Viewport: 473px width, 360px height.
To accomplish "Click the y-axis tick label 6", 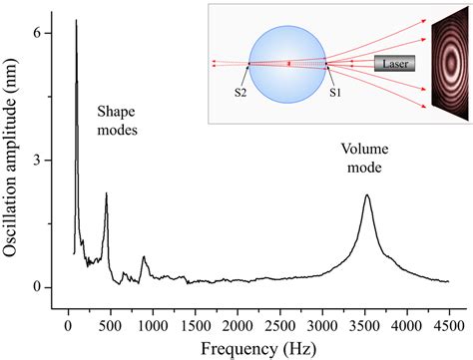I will [x=37, y=33].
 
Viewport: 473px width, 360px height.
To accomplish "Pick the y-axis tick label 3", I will [x=37, y=161].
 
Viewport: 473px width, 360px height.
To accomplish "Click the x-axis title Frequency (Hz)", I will [x=257, y=348].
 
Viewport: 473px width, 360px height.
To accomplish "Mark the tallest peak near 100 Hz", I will [x=76, y=21].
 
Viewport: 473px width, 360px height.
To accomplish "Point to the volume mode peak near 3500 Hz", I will [x=366, y=195].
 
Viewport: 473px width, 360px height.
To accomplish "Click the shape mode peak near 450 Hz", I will [x=106, y=194].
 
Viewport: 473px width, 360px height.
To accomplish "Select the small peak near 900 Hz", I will [x=144, y=258].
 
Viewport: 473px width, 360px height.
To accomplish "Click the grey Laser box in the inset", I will [x=392, y=64].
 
